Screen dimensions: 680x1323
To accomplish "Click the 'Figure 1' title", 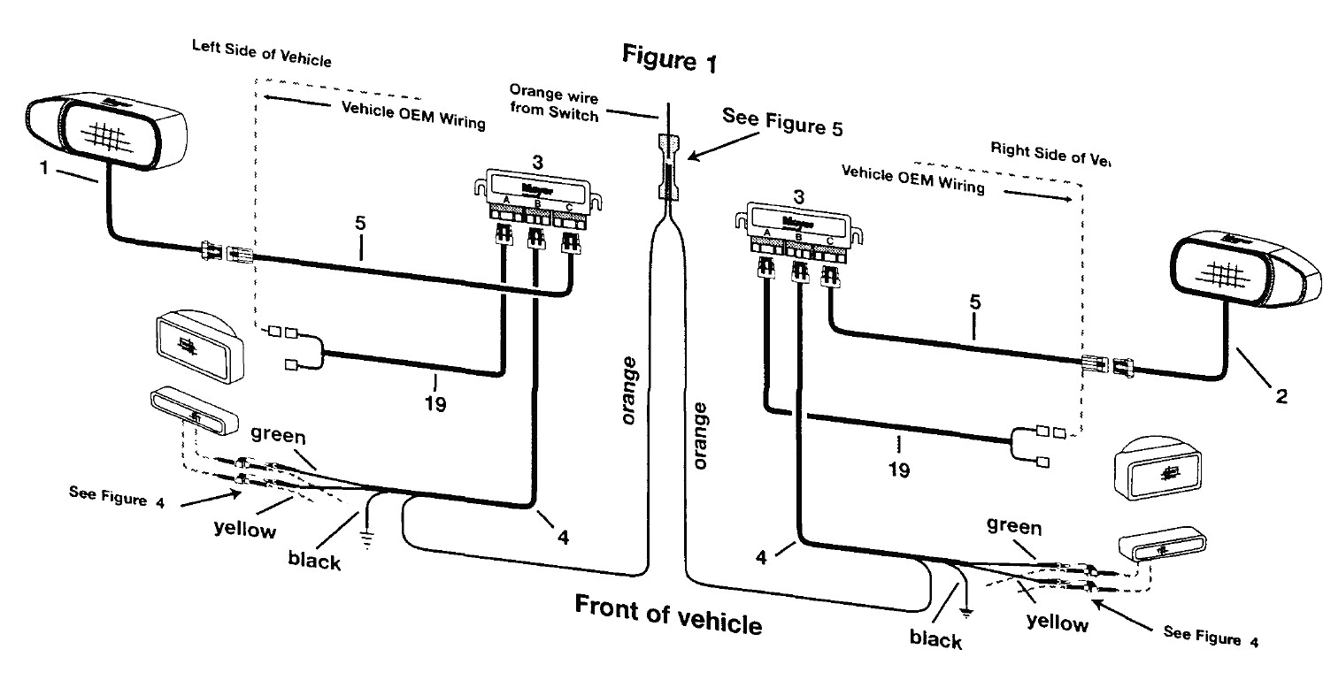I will click(669, 60).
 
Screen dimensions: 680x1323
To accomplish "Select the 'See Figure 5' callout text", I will click(782, 122).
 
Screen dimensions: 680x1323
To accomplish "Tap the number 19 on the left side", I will click(435, 405).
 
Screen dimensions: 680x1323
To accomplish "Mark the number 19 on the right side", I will click(898, 470).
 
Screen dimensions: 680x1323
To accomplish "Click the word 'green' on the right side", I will click(1014, 528).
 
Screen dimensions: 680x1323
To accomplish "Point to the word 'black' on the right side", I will click(936, 638).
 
